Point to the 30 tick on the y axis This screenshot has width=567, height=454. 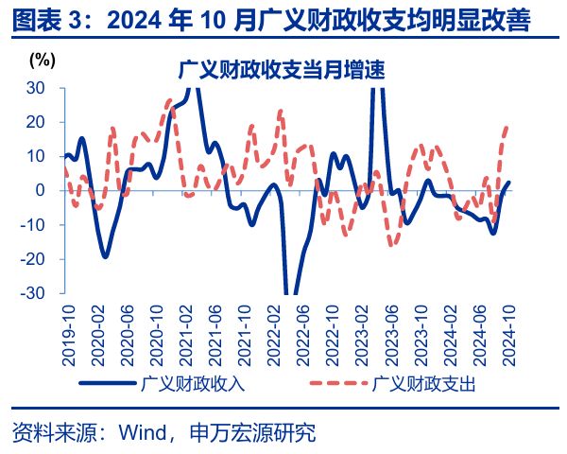(35, 87)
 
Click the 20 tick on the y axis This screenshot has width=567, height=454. (35, 122)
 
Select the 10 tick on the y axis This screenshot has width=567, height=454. (35, 156)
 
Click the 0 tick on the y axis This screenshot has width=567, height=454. (40, 190)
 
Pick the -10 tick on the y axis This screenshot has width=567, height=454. (32, 225)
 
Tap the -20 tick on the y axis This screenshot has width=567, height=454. (32, 259)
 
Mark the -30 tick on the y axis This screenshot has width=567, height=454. (32, 293)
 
